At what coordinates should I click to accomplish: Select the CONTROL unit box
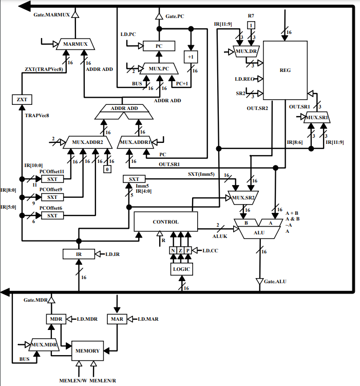(x=165, y=222)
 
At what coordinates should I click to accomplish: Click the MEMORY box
(x=87, y=351)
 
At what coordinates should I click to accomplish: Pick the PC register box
(x=159, y=46)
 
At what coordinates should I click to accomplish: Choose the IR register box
(x=78, y=253)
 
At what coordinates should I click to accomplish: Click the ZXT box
(x=21, y=99)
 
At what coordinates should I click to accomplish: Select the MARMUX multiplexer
(x=76, y=45)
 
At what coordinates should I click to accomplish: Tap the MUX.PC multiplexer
(x=158, y=68)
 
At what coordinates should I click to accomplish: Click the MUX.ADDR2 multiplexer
(x=84, y=141)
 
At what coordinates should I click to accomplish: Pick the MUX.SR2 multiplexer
(x=243, y=197)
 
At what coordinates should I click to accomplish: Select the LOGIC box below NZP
(x=181, y=268)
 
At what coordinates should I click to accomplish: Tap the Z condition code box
(x=181, y=250)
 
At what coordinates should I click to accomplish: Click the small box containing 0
(x=107, y=169)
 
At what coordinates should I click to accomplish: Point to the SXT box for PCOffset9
(x=52, y=197)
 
